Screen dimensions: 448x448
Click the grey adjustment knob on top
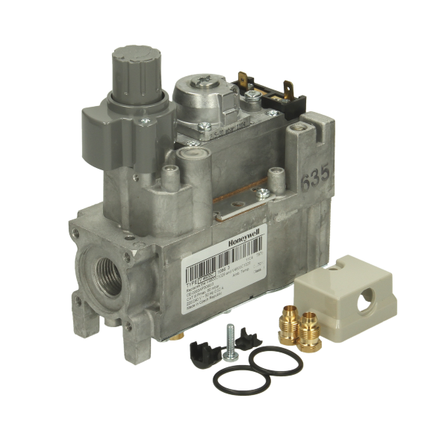pyautogui.click(x=135, y=68)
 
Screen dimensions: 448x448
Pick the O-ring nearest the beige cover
pyautogui.click(x=276, y=361)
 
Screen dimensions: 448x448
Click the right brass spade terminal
pyautogui.click(x=288, y=93)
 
